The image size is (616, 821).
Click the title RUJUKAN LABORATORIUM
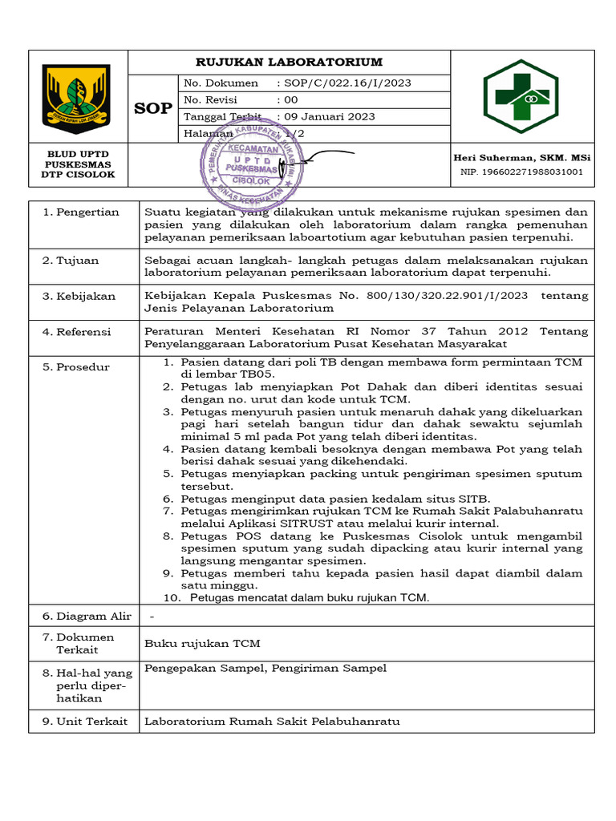pyautogui.click(x=290, y=62)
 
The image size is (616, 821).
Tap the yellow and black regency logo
pyautogui.click(x=78, y=96)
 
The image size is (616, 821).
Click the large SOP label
pyautogui.click(x=153, y=108)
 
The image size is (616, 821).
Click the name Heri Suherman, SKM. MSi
pyautogui.click(x=521, y=158)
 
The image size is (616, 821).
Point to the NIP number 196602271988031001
pyautogui.click(x=521, y=172)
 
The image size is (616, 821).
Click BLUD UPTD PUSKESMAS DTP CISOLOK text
pyautogui.click(x=78, y=164)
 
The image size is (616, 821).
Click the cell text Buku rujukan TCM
pyautogui.click(x=202, y=643)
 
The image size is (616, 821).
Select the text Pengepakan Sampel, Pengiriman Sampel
pyautogui.click(x=265, y=669)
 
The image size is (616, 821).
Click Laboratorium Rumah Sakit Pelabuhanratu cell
pyautogui.click(x=272, y=722)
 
